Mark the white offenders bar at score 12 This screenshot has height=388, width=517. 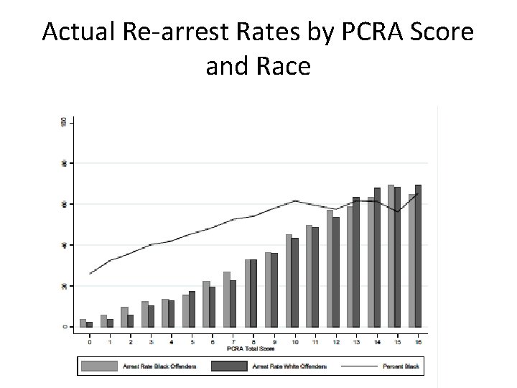pos(335,272)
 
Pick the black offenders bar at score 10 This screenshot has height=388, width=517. pos(288,281)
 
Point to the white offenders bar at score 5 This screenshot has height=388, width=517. pos(192,310)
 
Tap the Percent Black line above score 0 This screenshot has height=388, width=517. pos(90,274)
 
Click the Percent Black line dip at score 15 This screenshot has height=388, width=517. pos(397,211)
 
